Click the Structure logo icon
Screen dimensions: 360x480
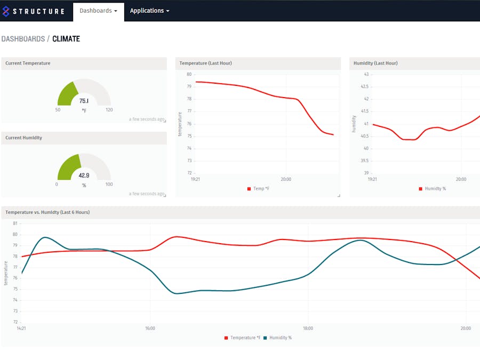click(x=6, y=11)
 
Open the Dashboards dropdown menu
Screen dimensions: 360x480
click(x=98, y=11)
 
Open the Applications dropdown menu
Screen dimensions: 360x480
click(x=149, y=11)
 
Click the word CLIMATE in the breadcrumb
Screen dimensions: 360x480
click(x=66, y=39)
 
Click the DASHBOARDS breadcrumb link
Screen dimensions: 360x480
click(x=22, y=39)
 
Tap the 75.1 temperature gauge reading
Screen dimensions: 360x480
click(x=84, y=101)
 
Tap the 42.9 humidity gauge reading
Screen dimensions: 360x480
click(x=84, y=175)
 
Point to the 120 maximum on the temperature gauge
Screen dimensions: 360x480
click(x=109, y=110)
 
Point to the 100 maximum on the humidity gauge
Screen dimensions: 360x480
click(x=109, y=185)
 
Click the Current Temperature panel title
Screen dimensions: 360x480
click(x=28, y=63)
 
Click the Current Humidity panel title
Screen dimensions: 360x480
click(x=23, y=138)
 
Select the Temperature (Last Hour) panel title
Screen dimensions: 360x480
click(x=205, y=63)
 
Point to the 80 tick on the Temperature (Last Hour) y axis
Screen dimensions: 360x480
click(x=189, y=74)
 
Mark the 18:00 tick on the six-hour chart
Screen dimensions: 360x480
click(x=308, y=329)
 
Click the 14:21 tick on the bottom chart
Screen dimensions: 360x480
click(x=21, y=329)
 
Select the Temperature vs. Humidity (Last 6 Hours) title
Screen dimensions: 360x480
click(x=47, y=212)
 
